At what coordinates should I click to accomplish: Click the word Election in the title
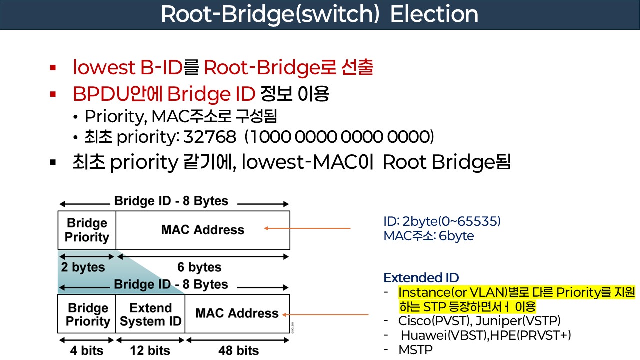coord(434,15)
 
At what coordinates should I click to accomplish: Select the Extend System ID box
coord(150,314)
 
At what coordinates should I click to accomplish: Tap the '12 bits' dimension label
coord(150,350)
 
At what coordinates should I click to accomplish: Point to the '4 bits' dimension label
coord(86,350)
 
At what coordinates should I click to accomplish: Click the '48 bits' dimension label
coord(238,350)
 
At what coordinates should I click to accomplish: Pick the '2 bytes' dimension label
coord(83,267)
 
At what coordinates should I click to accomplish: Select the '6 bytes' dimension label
coord(199,267)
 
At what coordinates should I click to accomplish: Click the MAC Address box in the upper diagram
coord(202,230)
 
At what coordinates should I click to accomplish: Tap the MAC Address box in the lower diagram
coord(237,313)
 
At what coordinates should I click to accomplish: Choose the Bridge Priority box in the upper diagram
coord(87,230)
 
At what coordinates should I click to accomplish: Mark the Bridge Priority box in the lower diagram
coord(87,314)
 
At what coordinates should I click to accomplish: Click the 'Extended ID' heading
coord(421,278)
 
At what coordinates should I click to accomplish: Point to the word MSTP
coord(415,350)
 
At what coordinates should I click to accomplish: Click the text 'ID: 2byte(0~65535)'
coord(442,221)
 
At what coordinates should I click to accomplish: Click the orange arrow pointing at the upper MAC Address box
coord(307,228)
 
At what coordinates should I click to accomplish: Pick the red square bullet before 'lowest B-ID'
coord(52,67)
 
